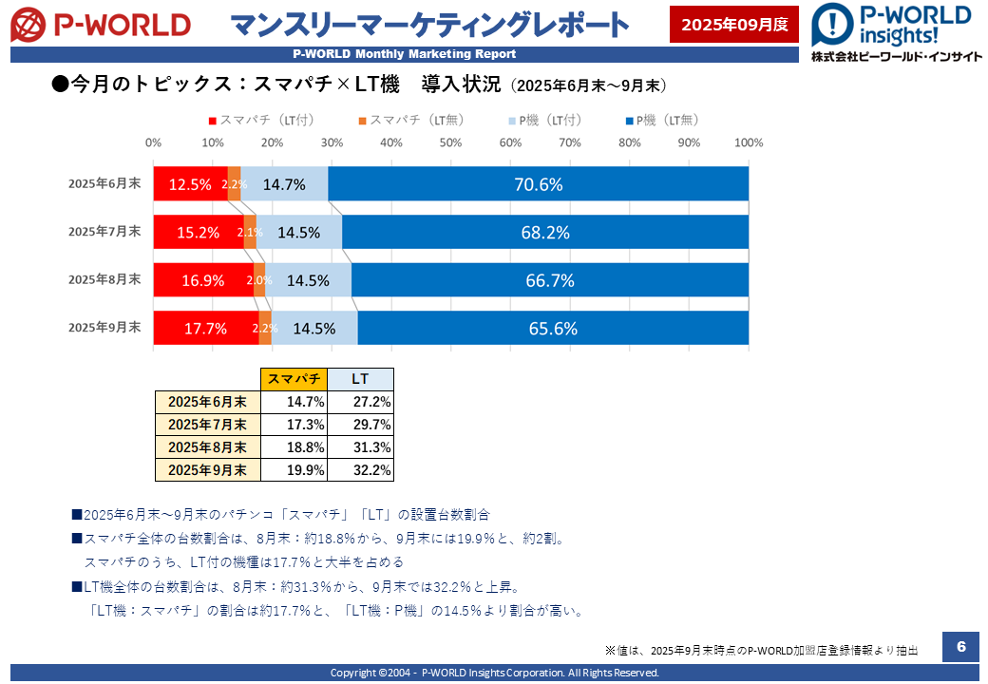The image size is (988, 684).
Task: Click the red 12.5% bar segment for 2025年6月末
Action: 190,184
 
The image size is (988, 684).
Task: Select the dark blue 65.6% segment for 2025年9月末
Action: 553,329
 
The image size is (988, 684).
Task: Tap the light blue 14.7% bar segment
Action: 284,184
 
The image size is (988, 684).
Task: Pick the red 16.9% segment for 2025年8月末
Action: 203,280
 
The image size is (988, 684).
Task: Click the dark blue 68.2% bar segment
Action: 545,232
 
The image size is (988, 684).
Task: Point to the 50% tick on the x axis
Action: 450,142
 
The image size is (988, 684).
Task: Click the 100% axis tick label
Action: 749,142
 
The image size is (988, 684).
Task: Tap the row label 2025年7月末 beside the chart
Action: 104,231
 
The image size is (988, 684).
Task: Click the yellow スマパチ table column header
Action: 294,378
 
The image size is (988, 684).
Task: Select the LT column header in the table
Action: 360,378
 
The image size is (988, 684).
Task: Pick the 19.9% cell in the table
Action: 294,469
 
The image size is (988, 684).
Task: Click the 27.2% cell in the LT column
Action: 360,402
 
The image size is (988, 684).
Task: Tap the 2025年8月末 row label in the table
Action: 207,446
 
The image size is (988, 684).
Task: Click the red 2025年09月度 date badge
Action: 734,25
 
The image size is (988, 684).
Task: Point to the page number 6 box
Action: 960,647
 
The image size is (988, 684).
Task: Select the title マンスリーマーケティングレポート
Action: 429,25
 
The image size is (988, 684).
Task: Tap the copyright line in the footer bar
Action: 494,673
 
